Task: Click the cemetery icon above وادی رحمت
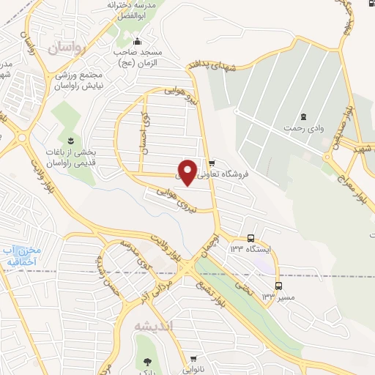pos(303,116)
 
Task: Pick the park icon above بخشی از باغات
pos(70,141)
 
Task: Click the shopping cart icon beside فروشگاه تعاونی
pos(212,163)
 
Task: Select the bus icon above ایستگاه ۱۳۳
pos(251,238)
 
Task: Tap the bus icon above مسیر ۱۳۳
pos(278,286)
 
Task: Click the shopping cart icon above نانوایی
pos(193,359)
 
